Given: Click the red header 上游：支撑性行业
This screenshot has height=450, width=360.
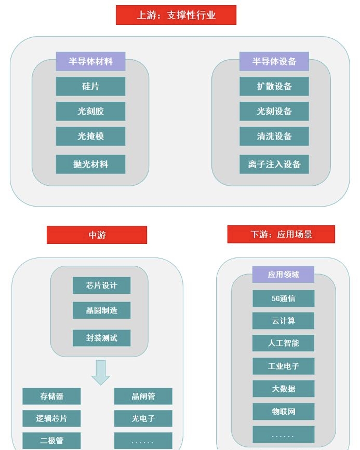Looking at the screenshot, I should click(x=176, y=15).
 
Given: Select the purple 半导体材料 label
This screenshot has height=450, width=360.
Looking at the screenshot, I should click(x=90, y=61).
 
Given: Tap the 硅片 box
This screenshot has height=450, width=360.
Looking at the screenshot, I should click(x=90, y=86).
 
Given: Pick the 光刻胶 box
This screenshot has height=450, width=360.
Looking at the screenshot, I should click(x=90, y=111).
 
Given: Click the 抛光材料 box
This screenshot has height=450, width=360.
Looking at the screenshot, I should click(x=90, y=164).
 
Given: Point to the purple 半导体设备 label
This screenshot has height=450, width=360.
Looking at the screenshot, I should click(x=274, y=61).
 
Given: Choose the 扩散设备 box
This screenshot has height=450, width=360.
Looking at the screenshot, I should click(x=274, y=86).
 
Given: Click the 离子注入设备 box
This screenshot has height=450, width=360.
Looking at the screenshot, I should click(x=274, y=164).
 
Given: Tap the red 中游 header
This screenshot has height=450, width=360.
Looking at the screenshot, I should click(x=97, y=235).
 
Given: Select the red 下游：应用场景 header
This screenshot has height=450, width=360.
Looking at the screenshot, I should click(x=281, y=234).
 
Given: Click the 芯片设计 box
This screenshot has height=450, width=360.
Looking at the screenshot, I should click(x=101, y=285).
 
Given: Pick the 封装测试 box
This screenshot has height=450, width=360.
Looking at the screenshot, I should click(x=101, y=338).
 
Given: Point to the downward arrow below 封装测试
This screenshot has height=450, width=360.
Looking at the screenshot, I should click(x=101, y=372).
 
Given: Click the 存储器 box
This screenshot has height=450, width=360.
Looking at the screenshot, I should click(x=51, y=396).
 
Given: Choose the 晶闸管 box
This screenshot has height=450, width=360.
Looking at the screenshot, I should click(x=143, y=396).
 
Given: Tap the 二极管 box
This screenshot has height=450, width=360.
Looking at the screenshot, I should click(x=51, y=440).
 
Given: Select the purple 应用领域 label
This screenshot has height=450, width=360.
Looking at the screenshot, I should click(x=283, y=274).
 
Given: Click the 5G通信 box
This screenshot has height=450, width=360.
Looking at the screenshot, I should click(x=283, y=298).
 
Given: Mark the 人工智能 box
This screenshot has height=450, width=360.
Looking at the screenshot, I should click(x=283, y=343).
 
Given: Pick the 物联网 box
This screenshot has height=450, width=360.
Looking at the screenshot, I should click(x=283, y=411).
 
